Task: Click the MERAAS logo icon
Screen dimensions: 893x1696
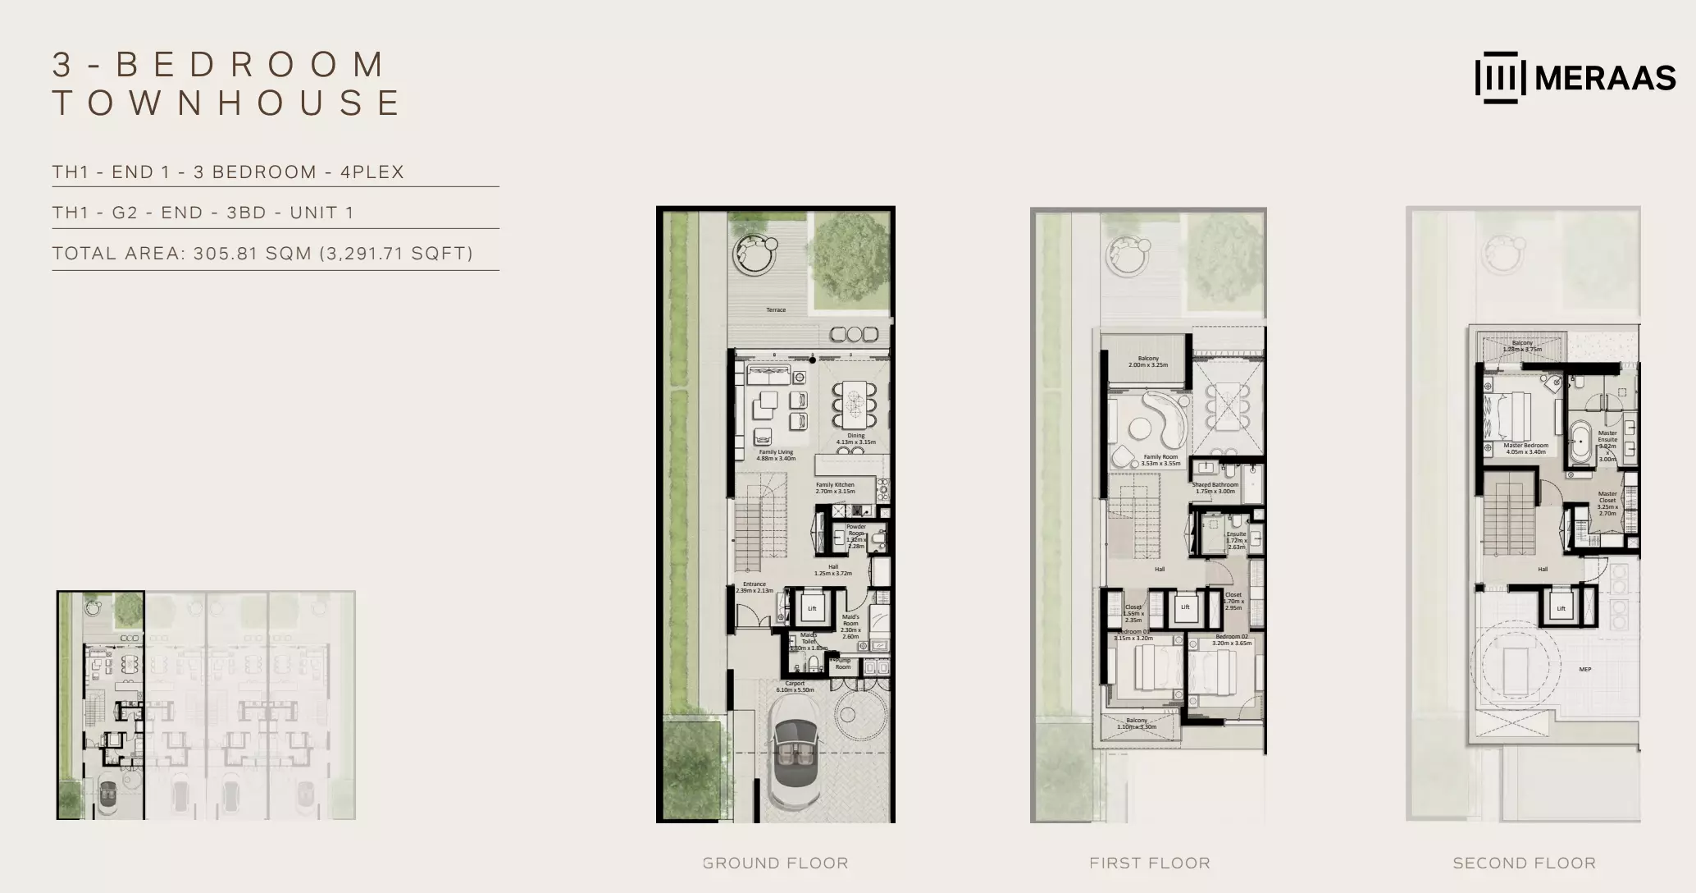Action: point(1500,78)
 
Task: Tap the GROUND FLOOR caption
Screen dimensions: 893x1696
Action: point(775,863)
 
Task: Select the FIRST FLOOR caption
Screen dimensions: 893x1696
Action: point(1149,863)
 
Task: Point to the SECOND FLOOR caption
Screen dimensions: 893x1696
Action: point(1524,863)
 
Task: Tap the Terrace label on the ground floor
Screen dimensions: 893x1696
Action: point(776,310)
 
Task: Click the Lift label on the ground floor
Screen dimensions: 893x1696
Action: point(812,608)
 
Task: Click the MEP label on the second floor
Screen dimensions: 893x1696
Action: point(1585,670)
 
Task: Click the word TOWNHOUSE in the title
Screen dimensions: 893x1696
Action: point(227,103)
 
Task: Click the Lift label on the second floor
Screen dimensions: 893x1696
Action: point(1561,608)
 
